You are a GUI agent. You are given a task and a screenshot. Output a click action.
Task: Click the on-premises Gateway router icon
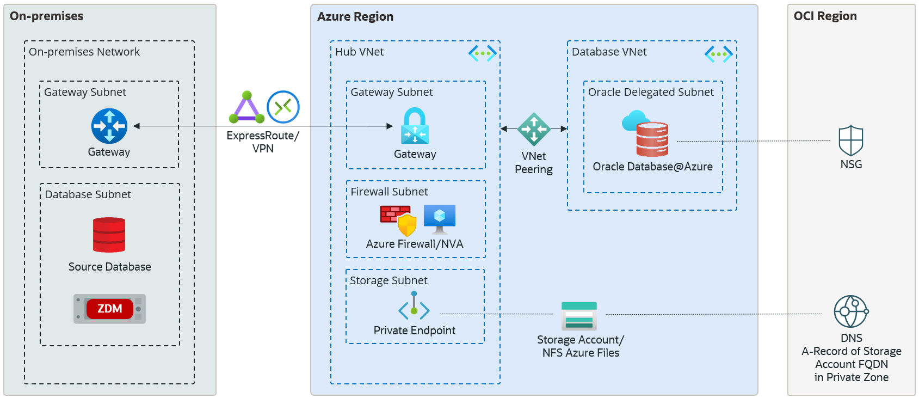point(109,126)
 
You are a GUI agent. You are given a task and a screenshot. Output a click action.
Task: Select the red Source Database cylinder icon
point(109,235)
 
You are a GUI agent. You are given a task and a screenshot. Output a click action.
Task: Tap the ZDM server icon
point(109,309)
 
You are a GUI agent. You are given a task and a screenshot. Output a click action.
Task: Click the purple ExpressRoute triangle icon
point(247,108)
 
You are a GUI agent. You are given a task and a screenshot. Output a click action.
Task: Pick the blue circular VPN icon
point(283,107)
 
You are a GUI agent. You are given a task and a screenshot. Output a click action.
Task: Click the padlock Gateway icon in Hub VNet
point(415,126)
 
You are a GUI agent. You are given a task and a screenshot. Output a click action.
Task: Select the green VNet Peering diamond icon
point(534,129)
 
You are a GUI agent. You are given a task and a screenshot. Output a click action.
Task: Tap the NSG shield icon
point(851,141)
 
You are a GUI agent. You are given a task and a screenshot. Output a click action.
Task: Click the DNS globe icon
point(851,311)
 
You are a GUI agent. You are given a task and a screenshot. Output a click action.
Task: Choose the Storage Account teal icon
point(579,316)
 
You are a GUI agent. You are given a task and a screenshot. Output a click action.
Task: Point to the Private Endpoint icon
point(414,306)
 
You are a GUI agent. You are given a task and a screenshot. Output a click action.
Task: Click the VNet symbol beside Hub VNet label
point(482,53)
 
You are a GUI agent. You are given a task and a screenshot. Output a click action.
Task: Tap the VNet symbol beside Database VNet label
point(718,54)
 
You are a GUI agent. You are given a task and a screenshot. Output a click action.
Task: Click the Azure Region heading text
point(355,17)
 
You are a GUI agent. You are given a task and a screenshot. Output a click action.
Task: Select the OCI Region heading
point(825,16)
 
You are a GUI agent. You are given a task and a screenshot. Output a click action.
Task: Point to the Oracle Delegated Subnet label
point(651,93)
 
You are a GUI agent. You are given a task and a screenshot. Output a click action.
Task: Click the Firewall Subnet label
point(389,192)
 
